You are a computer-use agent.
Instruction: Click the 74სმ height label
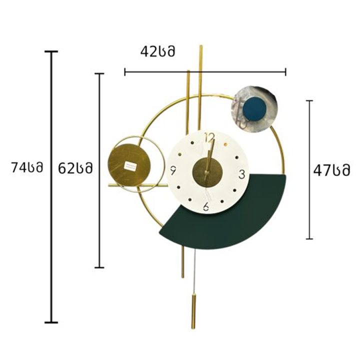coord(27,167)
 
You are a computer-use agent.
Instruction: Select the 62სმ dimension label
coord(75,168)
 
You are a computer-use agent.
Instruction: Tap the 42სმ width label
coord(157,51)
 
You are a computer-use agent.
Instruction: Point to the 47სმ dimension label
coord(332,170)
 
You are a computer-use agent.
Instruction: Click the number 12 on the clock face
coord(209,138)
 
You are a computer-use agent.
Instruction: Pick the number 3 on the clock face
coord(242,174)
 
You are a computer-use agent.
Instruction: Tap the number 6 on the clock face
coord(206,206)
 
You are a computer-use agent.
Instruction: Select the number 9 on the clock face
coord(173,170)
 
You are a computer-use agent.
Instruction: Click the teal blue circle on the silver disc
coord(255,108)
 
